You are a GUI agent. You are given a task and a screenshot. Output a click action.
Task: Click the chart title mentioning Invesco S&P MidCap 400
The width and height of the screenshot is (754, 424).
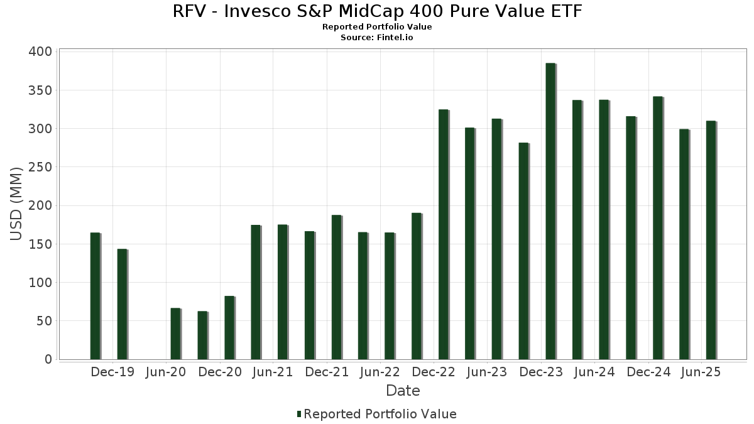pyautogui.click(x=377, y=11)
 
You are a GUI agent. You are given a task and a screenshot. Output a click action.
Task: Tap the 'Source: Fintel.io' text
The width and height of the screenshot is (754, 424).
pyautogui.click(x=377, y=37)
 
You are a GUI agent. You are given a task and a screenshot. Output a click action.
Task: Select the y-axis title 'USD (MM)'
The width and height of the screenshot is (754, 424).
pyautogui.click(x=16, y=204)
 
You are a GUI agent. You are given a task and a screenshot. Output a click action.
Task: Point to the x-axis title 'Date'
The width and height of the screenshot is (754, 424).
pyautogui.click(x=403, y=391)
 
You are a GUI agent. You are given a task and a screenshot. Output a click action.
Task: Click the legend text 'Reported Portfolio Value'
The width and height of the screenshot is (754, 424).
pyautogui.click(x=380, y=414)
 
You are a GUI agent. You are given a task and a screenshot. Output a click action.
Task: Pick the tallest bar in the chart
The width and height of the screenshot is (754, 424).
pyautogui.click(x=550, y=211)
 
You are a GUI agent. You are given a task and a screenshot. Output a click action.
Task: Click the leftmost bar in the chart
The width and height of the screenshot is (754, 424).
pyautogui.click(x=95, y=296)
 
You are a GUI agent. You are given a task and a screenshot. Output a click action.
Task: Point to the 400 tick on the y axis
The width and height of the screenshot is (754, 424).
pyautogui.click(x=40, y=52)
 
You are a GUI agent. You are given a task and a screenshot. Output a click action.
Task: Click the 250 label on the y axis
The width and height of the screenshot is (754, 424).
pyautogui.click(x=40, y=167)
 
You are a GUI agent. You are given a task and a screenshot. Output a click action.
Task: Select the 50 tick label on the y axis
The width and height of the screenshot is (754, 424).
pyautogui.click(x=44, y=321)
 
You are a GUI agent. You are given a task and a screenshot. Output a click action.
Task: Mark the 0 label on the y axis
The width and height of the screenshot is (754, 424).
pyautogui.click(x=48, y=359)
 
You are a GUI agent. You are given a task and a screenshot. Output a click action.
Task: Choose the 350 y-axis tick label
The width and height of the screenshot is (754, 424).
pyautogui.click(x=40, y=90)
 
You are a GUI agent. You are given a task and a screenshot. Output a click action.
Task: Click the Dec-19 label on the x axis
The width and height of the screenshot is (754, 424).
pyautogui.click(x=112, y=372)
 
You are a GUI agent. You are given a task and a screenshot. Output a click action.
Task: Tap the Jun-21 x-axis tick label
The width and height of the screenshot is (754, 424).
pyautogui.click(x=273, y=372)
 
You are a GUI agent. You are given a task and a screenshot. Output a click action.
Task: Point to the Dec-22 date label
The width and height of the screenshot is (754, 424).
pyautogui.click(x=434, y=372)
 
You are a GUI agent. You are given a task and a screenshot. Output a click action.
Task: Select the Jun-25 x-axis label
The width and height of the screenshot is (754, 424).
pyautogui.click(x=701, y=372)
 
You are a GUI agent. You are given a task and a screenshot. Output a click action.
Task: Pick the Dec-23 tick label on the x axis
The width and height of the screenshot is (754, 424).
pyautogui.click(x=542, y=372)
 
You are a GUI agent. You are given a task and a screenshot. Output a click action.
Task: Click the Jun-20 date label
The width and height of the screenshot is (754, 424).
pyautogui.click(x=166, y=372)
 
